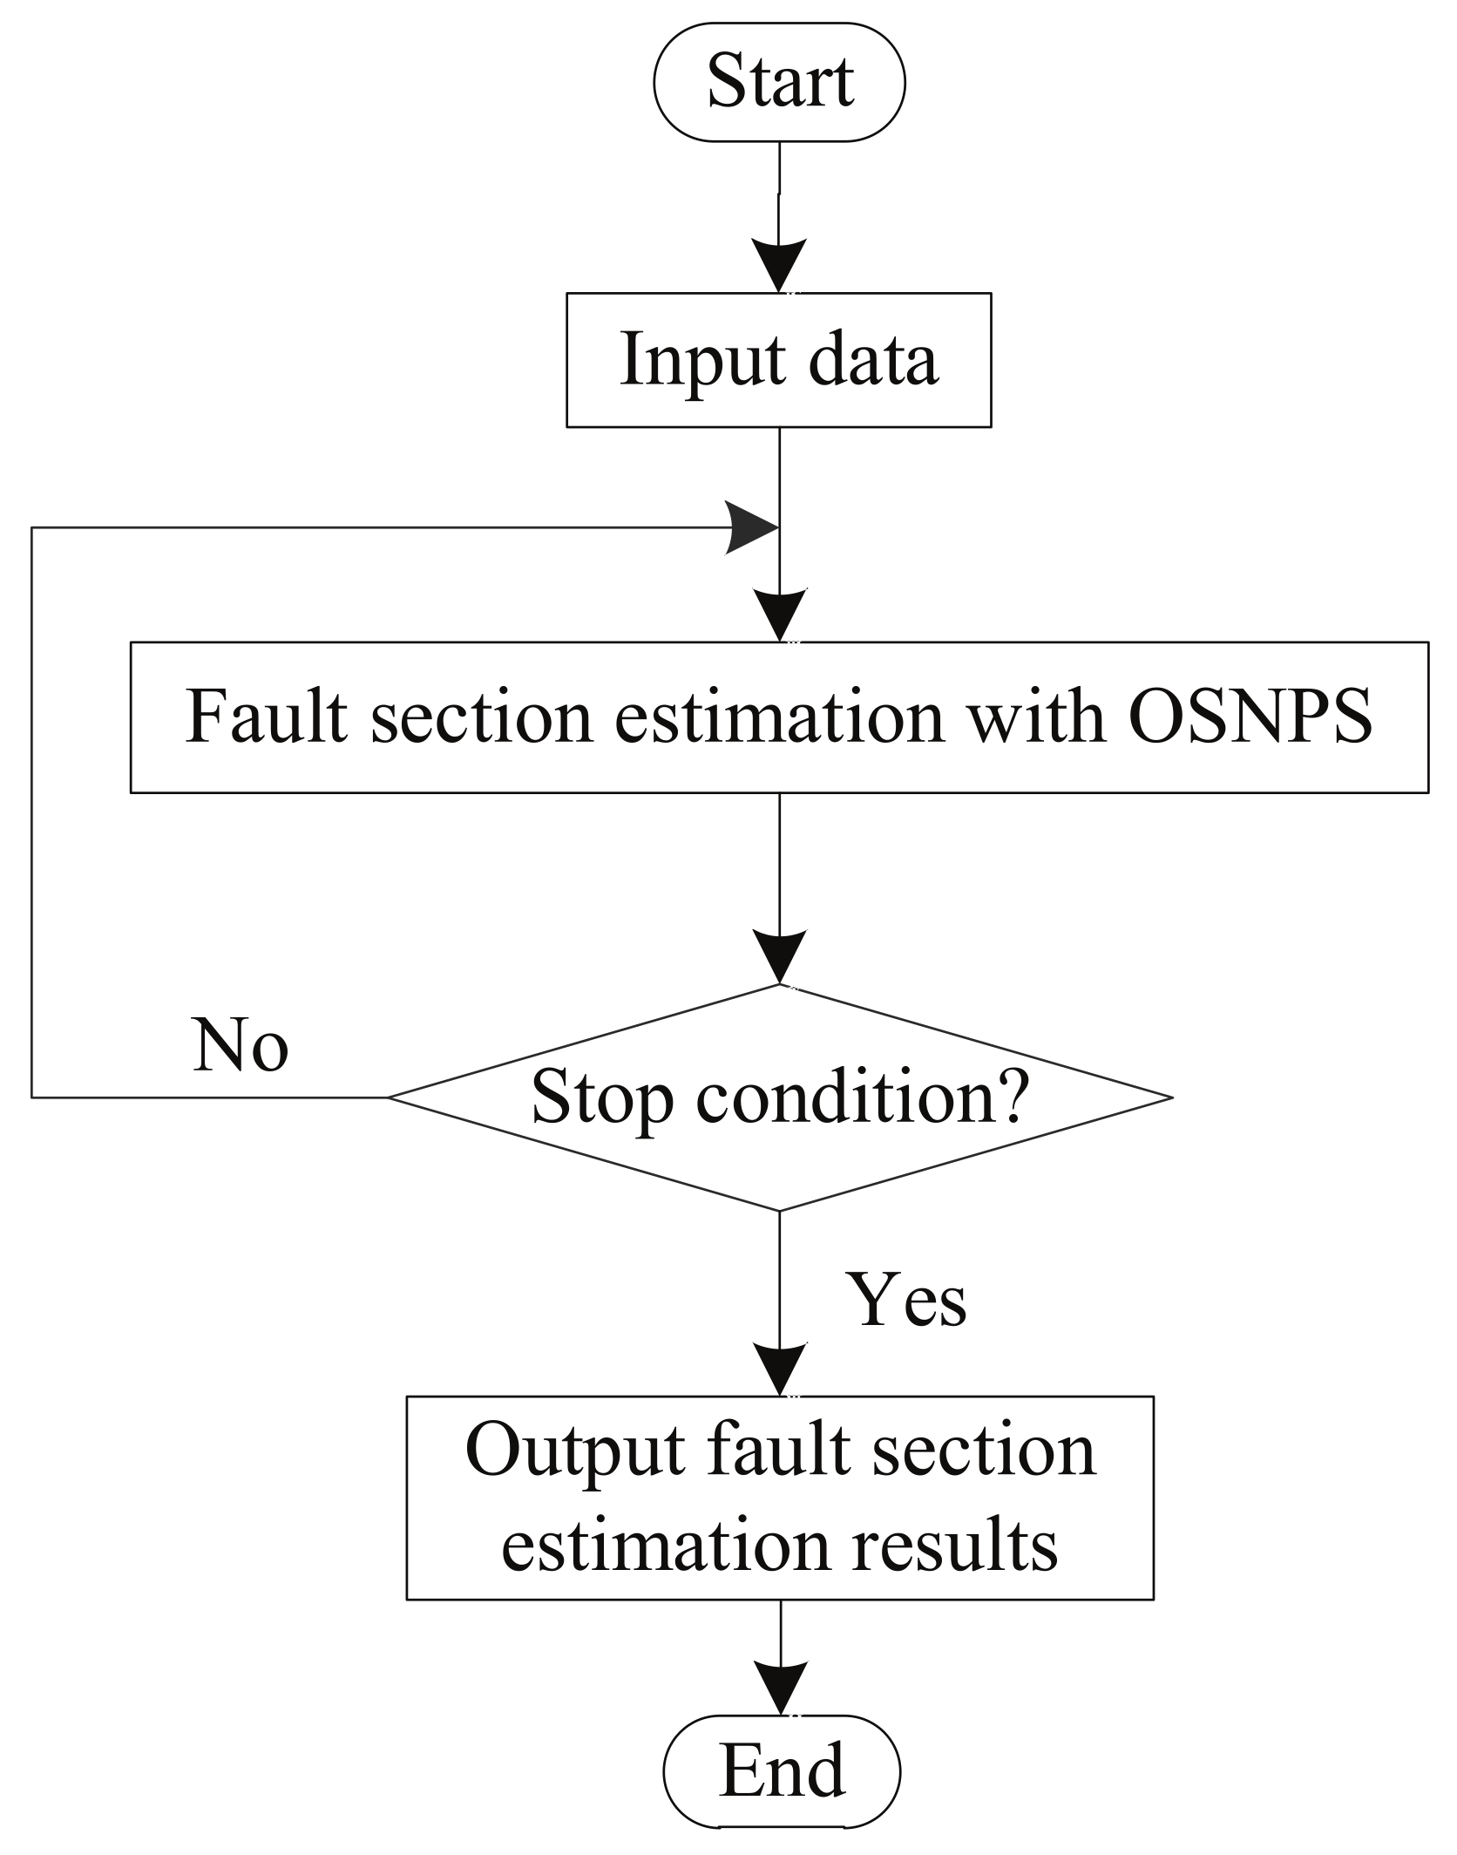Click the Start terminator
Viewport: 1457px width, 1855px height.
[x=779, y=82]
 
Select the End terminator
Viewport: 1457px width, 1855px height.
[x=782, y=1770]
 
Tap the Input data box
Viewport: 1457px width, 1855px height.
[x=778, y=359]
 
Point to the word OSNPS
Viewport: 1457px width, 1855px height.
[x=1250, y=717]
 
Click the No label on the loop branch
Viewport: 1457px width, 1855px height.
[x=240, y=1044]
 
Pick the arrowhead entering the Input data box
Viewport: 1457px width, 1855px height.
[x=779, y=265]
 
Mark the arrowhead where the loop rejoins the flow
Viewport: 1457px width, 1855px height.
[x=751, y=527]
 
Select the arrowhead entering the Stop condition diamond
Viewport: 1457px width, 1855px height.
[x=779, y=957]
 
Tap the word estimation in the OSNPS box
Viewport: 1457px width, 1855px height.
[x=779, y=717]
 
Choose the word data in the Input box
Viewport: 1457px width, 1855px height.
[x=873, y=359]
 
